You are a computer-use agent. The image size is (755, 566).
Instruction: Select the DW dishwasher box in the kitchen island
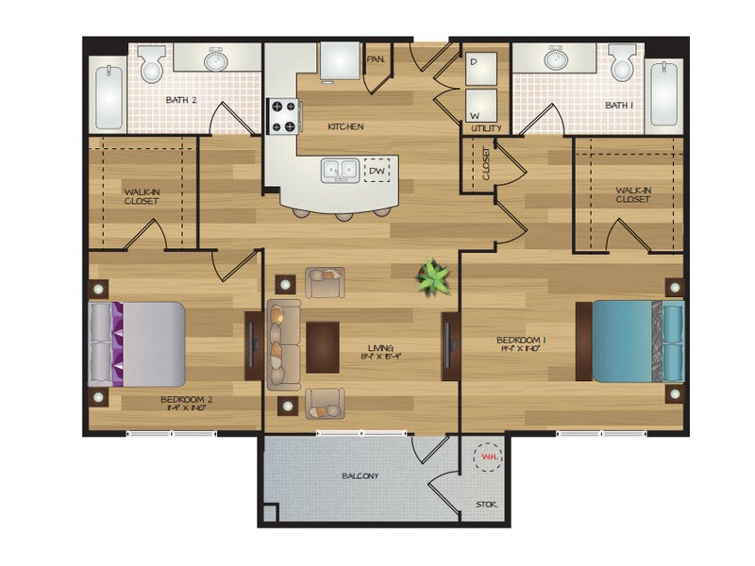coord(377,170)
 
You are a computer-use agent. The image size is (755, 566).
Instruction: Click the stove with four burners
coord(282,117)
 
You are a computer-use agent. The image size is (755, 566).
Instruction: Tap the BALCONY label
coord(360,476)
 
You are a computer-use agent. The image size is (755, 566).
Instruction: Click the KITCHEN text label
coord(344,126)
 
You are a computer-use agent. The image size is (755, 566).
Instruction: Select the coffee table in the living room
coord(323,348)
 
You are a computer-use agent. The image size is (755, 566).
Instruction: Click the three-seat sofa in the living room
coord(283,344)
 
